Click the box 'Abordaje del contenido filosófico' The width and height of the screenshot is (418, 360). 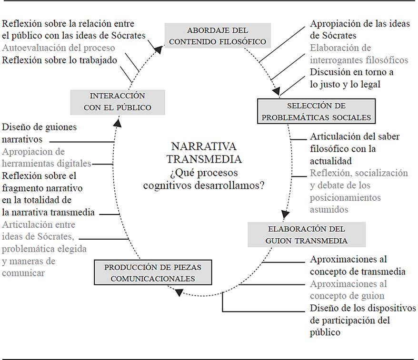coord(218,36)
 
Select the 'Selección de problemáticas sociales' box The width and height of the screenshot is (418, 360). coord(316,111)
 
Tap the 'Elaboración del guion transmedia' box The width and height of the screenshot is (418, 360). coord(307,234)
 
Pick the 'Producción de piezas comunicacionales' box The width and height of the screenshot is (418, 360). coord(153,272)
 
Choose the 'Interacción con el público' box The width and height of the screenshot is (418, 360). coord(117,102)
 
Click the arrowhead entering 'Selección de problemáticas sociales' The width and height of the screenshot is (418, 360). coord(277,91)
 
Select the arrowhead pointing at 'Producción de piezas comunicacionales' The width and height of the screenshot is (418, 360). coord(179,292)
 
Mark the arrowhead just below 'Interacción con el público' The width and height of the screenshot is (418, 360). coord(117,122)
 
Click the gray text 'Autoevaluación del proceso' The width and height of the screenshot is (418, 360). coord(59,48)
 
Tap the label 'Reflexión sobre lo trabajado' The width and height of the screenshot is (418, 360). coord(60,60)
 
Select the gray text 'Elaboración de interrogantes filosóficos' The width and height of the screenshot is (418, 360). coord(359,54)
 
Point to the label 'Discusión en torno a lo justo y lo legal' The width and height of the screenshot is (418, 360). coord(352,78)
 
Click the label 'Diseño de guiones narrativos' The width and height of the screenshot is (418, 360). coord(40,134)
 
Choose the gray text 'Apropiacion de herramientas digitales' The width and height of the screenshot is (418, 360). coord(47,157)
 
